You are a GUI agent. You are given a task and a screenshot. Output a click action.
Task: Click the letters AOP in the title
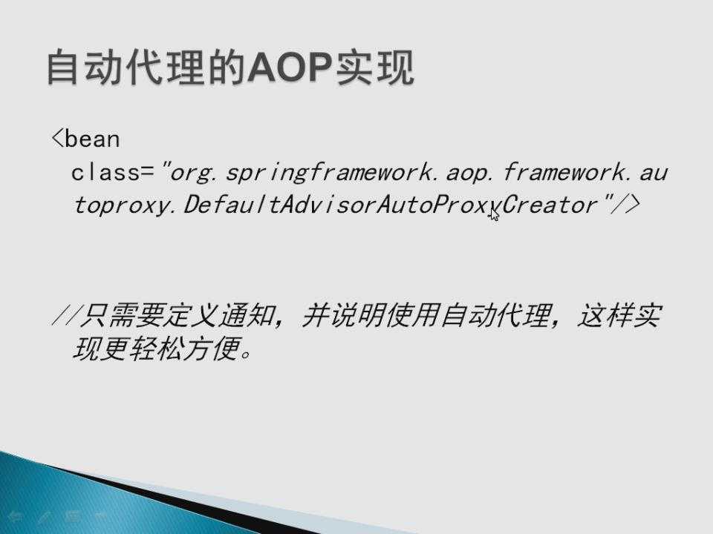pos(289,67)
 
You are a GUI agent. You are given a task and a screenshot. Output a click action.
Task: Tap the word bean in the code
pos(92,139)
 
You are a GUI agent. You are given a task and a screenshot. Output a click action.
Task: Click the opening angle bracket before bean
pos(57,138)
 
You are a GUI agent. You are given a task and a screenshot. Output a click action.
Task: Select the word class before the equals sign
pos(105,173)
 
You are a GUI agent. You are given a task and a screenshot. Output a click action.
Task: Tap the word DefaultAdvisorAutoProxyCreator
pos(391,205)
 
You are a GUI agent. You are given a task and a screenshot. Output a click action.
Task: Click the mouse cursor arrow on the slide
pos(495,214)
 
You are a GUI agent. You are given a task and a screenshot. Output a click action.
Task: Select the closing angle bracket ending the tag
pos(633,205)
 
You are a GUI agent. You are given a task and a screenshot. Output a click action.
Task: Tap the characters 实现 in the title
pos(374,67)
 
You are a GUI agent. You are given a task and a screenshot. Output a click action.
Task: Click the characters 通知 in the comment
pos(247,315)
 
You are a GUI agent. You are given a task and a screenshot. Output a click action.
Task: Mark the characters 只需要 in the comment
pos(121,315)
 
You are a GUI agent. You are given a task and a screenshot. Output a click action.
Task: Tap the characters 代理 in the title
pos(166,67)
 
